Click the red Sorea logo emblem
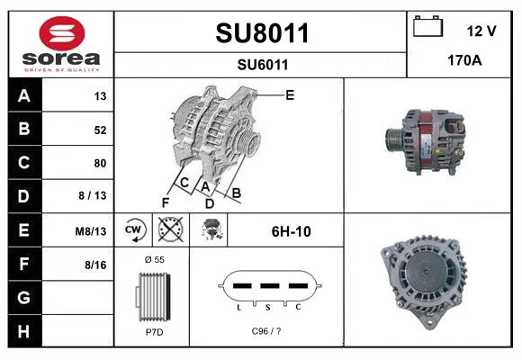point(62,33)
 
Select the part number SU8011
point(262,33)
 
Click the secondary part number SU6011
point(263,65)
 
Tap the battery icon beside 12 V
point(427,26)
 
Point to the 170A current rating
point(464,60)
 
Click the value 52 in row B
point(100,130)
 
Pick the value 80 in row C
point(100,163)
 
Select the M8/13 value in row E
point(91,231)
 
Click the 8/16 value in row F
point(95,265)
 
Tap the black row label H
point(24,331)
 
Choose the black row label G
point(24,297)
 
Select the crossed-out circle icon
point(171,229)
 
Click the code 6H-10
point(292,231)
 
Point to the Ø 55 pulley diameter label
point(155,259)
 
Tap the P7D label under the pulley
point(155,332)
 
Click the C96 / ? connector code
point(266,331)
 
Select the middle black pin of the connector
point(270,285)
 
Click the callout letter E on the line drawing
point(290,95)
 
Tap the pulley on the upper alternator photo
point(394,140)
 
